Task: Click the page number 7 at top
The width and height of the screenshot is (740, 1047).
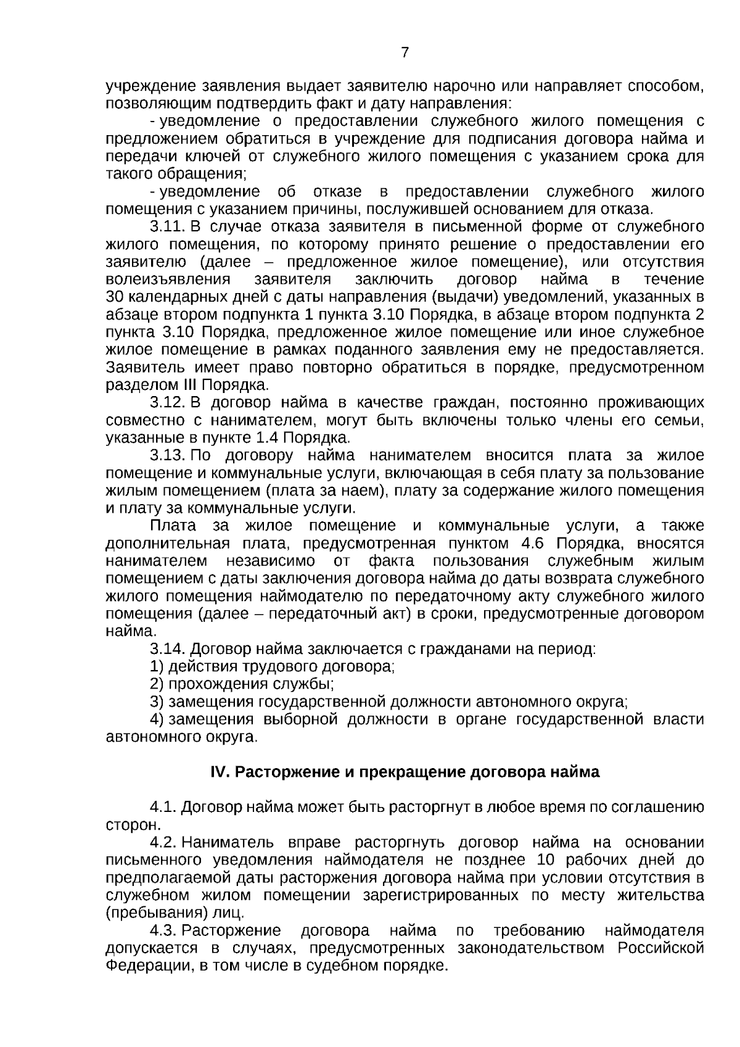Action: pos(405,52)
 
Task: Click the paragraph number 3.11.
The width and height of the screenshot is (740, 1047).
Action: pos(167,226)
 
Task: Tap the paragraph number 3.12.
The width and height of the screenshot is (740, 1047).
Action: pos(167,403)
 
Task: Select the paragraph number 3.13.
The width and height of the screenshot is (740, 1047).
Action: pos(167,455)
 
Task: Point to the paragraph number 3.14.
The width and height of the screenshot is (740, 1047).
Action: pos(167,649)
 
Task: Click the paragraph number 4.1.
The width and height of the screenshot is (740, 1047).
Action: pos(163,807)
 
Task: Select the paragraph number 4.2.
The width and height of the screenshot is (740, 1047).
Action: pos(163,843)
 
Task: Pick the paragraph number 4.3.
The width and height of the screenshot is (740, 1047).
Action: pos(163,930)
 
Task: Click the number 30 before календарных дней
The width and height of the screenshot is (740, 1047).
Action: pos(115,297)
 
